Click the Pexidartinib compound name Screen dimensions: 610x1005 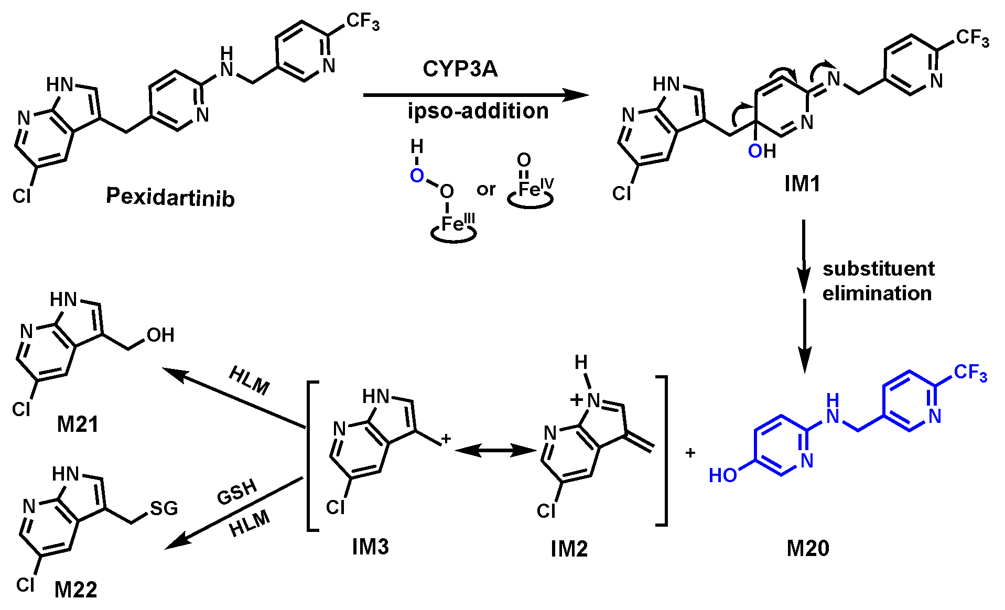coord(170,197)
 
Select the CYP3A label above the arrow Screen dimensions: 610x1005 coord(460,69)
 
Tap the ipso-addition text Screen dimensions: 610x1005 coord(478,111)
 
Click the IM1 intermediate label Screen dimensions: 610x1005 coord(802,183)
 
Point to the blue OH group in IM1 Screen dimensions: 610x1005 coord(762,151)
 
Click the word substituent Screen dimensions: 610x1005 coord(878,269)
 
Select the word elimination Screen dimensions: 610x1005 coord(877,293)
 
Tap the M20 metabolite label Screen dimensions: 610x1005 coord(808,548)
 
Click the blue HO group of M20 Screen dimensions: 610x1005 coord(723,475)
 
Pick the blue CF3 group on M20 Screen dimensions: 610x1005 coord(970,373)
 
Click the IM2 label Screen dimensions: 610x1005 coord(569,549)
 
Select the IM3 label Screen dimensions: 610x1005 coord(370,547)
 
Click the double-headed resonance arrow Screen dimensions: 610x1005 coord(495,450)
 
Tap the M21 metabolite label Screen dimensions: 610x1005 coord(78,424)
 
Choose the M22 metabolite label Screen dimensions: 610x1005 coord(76,590)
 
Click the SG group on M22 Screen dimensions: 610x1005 coord(164,508)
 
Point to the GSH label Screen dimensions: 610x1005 coord(237,493)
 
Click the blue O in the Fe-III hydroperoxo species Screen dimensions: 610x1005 coord(417,176)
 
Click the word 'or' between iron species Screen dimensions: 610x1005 coord(486,189)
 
